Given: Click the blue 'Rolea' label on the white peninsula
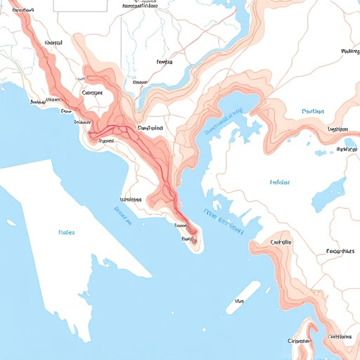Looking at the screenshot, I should [x=67, y=231].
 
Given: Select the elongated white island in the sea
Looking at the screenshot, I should [x=243, y=297].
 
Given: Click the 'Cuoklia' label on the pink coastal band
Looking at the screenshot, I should [x=280, y=243].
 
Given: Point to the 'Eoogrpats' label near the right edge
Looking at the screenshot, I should [x=340, y=251].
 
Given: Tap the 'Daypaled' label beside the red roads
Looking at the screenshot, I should [x=150, y=129].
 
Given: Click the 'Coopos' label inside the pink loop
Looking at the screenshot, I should [x=92, y=92].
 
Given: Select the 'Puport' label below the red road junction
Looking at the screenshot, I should [x=107, y=141].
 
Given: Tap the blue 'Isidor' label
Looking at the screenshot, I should [x=280, y=182].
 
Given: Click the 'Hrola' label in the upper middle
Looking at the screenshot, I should [x=164, y=62].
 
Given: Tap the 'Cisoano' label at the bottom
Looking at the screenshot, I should [x=299, y=340].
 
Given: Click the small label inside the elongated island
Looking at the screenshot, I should [x=239, y=300].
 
